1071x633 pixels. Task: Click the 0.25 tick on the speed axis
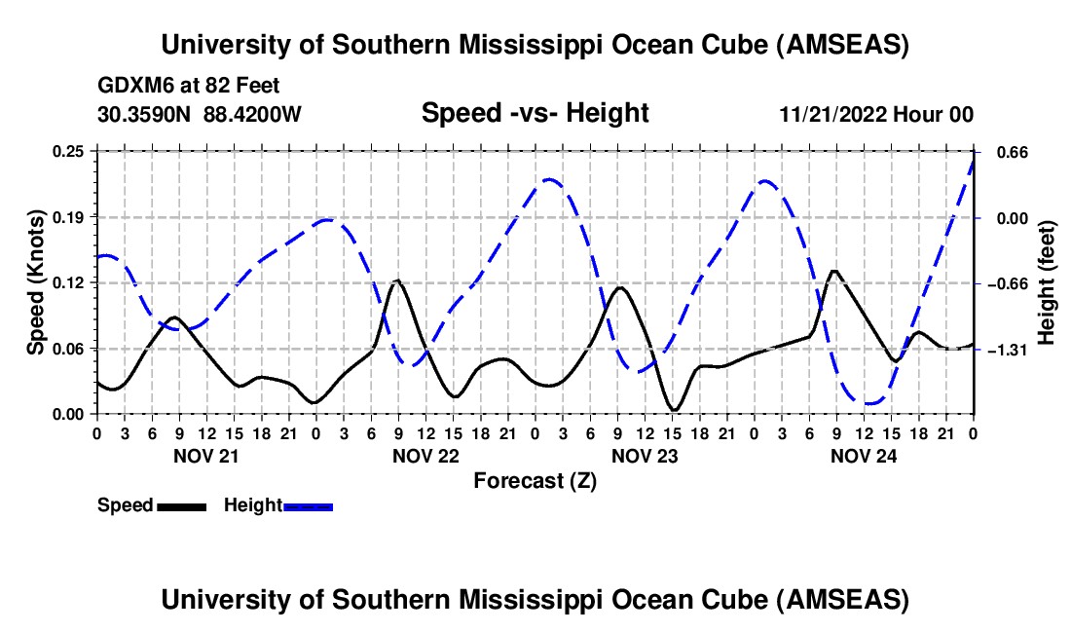pyautogui.click(x=70, y=151)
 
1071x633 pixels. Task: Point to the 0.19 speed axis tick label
pyautogui.click(x=70, y=216)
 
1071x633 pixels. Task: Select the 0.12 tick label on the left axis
pyautogui.click(x=70, y=282)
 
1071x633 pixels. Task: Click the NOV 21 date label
pyautogui.click(x=205, y=456)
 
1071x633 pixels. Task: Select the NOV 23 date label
pyautogui.click(x=644, y=456)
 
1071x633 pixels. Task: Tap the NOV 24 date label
pyautogui.click(x=863, y=456)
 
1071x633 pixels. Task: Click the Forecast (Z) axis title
pyautogui.click(x=535, y=480)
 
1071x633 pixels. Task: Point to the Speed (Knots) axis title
pyautogui.click(x=36, y=282)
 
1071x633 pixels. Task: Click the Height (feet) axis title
pyautogui.click(x=1047, y=282)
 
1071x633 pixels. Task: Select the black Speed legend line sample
pyautogui.click(x=181, y=506)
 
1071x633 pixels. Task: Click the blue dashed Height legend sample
pyautogui.click(x=309, y=506)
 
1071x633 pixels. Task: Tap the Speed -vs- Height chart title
pyautogui.click(x=535, y=114)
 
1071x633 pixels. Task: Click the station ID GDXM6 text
pyautogui.click(x=131, y=87)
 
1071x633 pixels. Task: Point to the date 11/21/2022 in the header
pyautogui.click(x=832, y=115)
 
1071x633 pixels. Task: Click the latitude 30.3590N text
pyautogui.click(x=146, y=115)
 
